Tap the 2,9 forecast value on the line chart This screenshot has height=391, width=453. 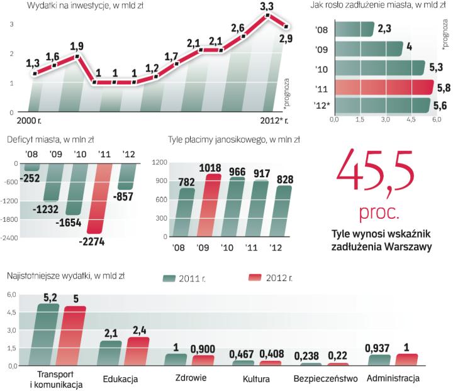click(286, 39)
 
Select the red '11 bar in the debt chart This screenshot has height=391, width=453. click(383, 87)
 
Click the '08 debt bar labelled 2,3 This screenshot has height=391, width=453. click(355, 29)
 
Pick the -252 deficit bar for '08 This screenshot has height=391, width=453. click(31, 167)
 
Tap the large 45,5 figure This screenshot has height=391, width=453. click(375, 173)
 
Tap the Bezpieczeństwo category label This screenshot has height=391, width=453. click(325, 379)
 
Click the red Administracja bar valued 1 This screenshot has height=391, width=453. click(406, 359)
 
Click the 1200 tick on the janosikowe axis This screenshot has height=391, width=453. click(159, 163)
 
